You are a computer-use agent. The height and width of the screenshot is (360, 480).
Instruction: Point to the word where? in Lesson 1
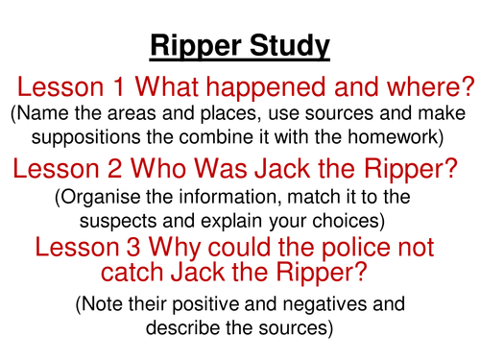tap(426, 88)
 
